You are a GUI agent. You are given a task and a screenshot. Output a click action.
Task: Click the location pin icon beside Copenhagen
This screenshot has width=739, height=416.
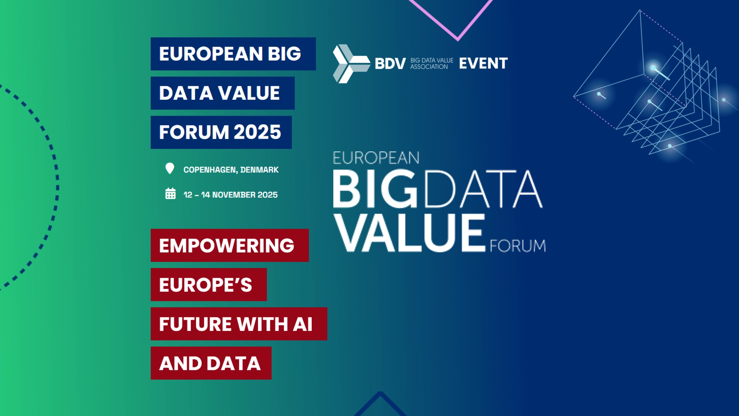[x=170, y=168]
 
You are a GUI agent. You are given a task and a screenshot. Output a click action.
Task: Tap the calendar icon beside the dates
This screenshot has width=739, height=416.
[x=171, y=193]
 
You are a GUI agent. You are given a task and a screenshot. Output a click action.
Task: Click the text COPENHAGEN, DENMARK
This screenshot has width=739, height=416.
[x=231, y=170]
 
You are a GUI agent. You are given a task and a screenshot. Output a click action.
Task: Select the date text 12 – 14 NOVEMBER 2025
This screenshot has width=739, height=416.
[x=231, y=195]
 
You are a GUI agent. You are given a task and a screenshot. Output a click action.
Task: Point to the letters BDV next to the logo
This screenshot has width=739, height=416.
[x=390, y=64]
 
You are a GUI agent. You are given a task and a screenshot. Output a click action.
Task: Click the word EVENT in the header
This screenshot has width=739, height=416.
[x=483, y=64]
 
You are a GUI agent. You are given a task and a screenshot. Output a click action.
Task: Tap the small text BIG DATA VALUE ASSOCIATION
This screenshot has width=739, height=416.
[x=432, y=64]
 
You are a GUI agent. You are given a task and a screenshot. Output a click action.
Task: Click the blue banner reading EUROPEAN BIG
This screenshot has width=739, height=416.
[x=233, y=54]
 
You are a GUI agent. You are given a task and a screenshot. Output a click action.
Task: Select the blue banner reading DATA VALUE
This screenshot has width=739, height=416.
[x=222, y=93]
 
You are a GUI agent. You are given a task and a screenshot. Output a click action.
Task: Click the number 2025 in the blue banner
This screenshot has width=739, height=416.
[x=257, y=132]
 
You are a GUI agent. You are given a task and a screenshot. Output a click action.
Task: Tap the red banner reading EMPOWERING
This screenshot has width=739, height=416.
[x=230, y=245]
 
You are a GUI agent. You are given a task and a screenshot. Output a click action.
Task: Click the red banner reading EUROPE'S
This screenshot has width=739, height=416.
[x=209, y=285]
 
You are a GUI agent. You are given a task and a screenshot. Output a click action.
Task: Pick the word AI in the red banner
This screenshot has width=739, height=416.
[x=303, y=324]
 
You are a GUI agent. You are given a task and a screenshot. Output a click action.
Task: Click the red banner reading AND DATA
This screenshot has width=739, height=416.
[x=211, y=363]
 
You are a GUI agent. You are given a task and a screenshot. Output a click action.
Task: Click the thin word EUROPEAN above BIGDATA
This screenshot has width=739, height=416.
[x=376, y=158]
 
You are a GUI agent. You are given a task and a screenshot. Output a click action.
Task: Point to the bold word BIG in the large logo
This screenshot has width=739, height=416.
[x=375, y=189]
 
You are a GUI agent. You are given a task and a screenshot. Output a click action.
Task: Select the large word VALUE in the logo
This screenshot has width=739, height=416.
[x=410, y=233]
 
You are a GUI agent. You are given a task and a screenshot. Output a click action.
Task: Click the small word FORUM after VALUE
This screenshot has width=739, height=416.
[x=518, y=246]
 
